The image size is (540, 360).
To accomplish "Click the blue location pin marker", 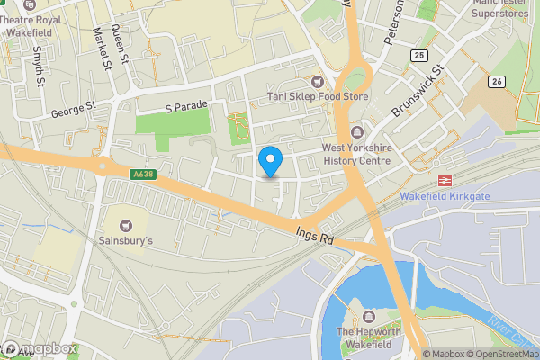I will [x=270, y=162].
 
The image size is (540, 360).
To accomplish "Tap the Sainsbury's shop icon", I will [x=126, y=224].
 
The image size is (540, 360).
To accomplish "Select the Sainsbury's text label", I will [x=126, y=241].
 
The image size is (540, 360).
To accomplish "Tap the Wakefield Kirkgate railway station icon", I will [x=443, y=180].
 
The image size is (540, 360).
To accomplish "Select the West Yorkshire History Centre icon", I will [x=356, y=132].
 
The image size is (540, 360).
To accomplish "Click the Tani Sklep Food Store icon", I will [x=316, y=82].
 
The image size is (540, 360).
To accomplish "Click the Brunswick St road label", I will [x=419, y=93].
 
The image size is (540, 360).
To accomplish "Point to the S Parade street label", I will [x=186, y=106].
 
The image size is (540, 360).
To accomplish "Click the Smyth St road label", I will [x=40, y=66].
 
